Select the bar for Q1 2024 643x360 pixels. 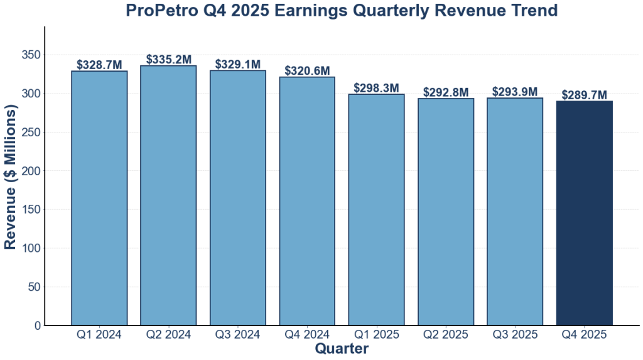[99, 198]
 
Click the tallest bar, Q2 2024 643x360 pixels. [168, 195]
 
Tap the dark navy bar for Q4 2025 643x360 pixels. [584, 213]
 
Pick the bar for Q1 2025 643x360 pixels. [376, 210]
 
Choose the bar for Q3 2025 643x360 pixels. [515, 211]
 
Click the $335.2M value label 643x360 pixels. [168, 59]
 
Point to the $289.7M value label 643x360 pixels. [584, 95]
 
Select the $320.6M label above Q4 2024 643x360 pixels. [307, 70]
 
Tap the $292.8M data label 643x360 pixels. [446, 92]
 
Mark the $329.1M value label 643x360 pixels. [238, 64]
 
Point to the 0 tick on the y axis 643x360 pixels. [38, 325]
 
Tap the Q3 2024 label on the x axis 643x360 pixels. [238, 335]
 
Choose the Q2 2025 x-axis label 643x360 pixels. [446, 335]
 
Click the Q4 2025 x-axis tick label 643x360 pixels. [584, 335]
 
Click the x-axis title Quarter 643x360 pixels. [342, 348]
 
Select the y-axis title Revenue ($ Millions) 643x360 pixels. [11, 176]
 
